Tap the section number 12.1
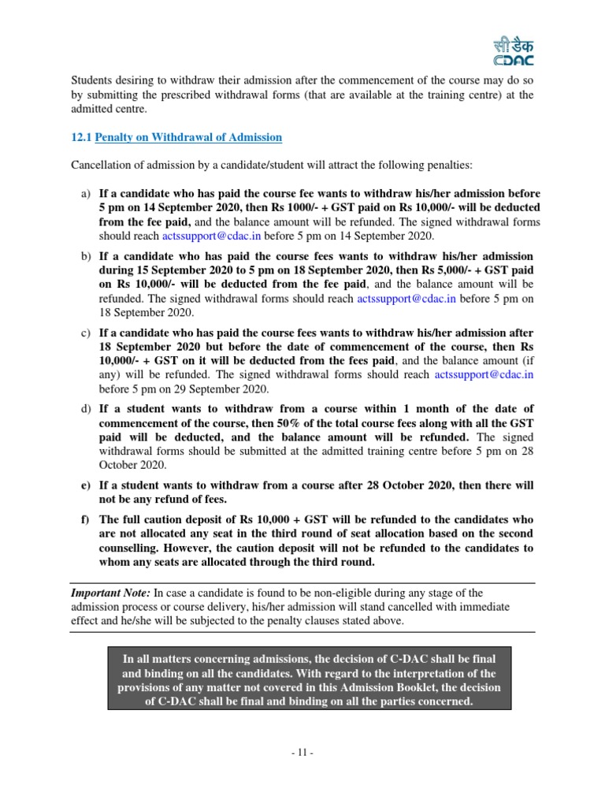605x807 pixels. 81,137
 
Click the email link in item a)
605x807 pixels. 212,236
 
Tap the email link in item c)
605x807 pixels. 484,375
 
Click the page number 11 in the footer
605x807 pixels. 302,753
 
